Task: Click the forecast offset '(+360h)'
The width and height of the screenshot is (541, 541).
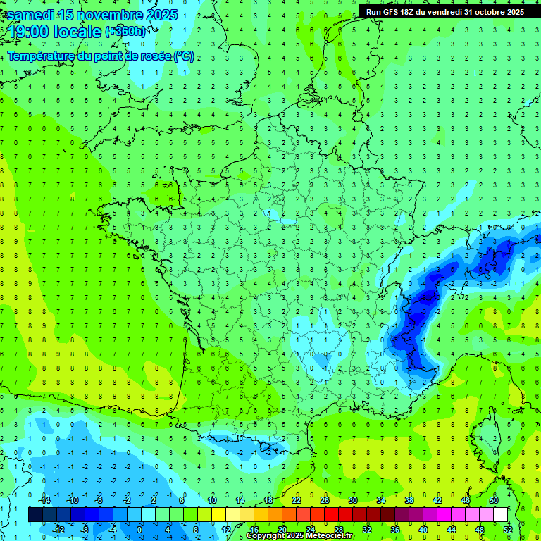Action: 126,31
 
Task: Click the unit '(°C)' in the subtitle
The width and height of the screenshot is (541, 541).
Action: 184,56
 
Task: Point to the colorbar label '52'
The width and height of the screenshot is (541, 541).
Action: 507,529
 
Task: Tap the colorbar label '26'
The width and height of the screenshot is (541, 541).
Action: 325,500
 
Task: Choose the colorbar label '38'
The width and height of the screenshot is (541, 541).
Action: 409,500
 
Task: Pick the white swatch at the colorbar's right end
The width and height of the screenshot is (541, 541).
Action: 501,515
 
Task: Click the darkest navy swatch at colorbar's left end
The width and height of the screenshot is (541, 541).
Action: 35,515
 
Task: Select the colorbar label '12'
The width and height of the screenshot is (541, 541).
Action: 225,529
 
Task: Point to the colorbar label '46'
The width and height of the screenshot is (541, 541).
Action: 466,500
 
